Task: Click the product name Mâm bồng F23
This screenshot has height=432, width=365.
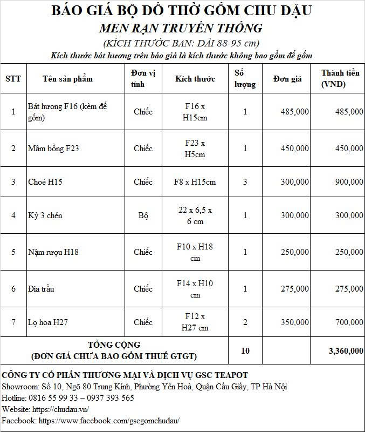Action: point(53,148)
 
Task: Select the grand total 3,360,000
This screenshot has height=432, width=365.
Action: point(346,351)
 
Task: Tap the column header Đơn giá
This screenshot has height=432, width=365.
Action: point(287,79)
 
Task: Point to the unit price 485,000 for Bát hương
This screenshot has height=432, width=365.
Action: point(295,112)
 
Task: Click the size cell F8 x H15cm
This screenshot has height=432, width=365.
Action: point(195,182)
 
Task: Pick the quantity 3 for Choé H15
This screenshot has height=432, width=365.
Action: point(245,182)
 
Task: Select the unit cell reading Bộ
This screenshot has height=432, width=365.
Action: point(143,215)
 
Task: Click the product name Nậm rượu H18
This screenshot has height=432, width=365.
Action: point(53,252)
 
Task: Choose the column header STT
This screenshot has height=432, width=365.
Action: point(13,79)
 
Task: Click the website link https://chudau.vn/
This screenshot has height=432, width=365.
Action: point(60,409)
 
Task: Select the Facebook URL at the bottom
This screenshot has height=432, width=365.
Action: point(109,420)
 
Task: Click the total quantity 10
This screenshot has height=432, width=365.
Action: point(245,351)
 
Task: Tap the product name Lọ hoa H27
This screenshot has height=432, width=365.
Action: point(47,322)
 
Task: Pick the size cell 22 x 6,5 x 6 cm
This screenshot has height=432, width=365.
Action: point(195,215)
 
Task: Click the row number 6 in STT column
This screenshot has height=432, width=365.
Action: point(13,289)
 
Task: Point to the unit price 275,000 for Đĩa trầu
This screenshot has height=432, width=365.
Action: point(295,289)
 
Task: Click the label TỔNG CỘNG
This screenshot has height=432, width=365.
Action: point(114,345)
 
